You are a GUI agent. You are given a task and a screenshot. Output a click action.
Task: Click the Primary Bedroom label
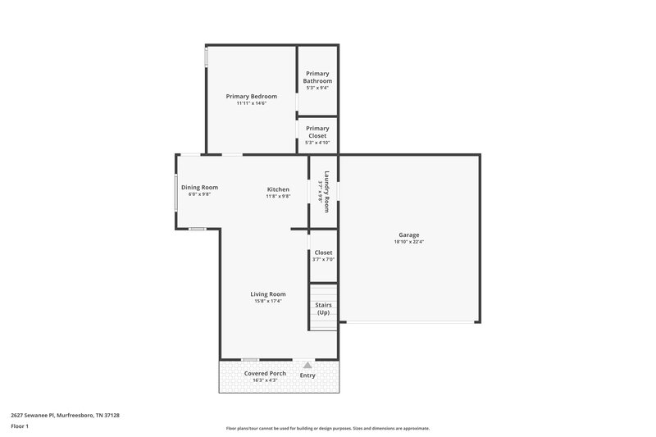pos(252,96)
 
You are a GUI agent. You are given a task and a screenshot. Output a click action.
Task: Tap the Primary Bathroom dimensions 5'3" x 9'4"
pos(317,89)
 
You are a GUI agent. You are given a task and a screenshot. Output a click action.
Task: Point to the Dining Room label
pos(199,187)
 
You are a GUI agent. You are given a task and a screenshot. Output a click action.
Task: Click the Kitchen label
pos(278,189)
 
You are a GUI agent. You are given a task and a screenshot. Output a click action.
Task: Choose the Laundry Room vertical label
pos(326,191)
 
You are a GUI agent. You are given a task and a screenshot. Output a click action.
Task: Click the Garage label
pos(409,234)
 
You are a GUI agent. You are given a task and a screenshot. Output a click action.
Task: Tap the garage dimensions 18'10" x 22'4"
pos(409,242)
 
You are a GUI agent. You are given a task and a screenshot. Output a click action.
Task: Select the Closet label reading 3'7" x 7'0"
pos(323,253)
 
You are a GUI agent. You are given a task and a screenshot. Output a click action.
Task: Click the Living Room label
pos(268,294)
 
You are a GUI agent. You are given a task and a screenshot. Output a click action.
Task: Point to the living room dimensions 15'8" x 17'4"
pos(268,302)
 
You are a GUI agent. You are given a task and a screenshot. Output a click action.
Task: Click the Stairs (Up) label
pos(323,309)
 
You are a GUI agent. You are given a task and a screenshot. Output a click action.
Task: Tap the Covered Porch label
pos(265,373)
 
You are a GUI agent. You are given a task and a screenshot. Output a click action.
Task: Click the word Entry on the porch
pos(307,375)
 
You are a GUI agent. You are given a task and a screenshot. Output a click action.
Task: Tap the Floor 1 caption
pos(20,427)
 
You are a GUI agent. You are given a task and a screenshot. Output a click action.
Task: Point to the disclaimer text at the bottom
pos(327,428)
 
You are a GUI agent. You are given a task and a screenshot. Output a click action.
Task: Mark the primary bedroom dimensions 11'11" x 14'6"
pos(252,103)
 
